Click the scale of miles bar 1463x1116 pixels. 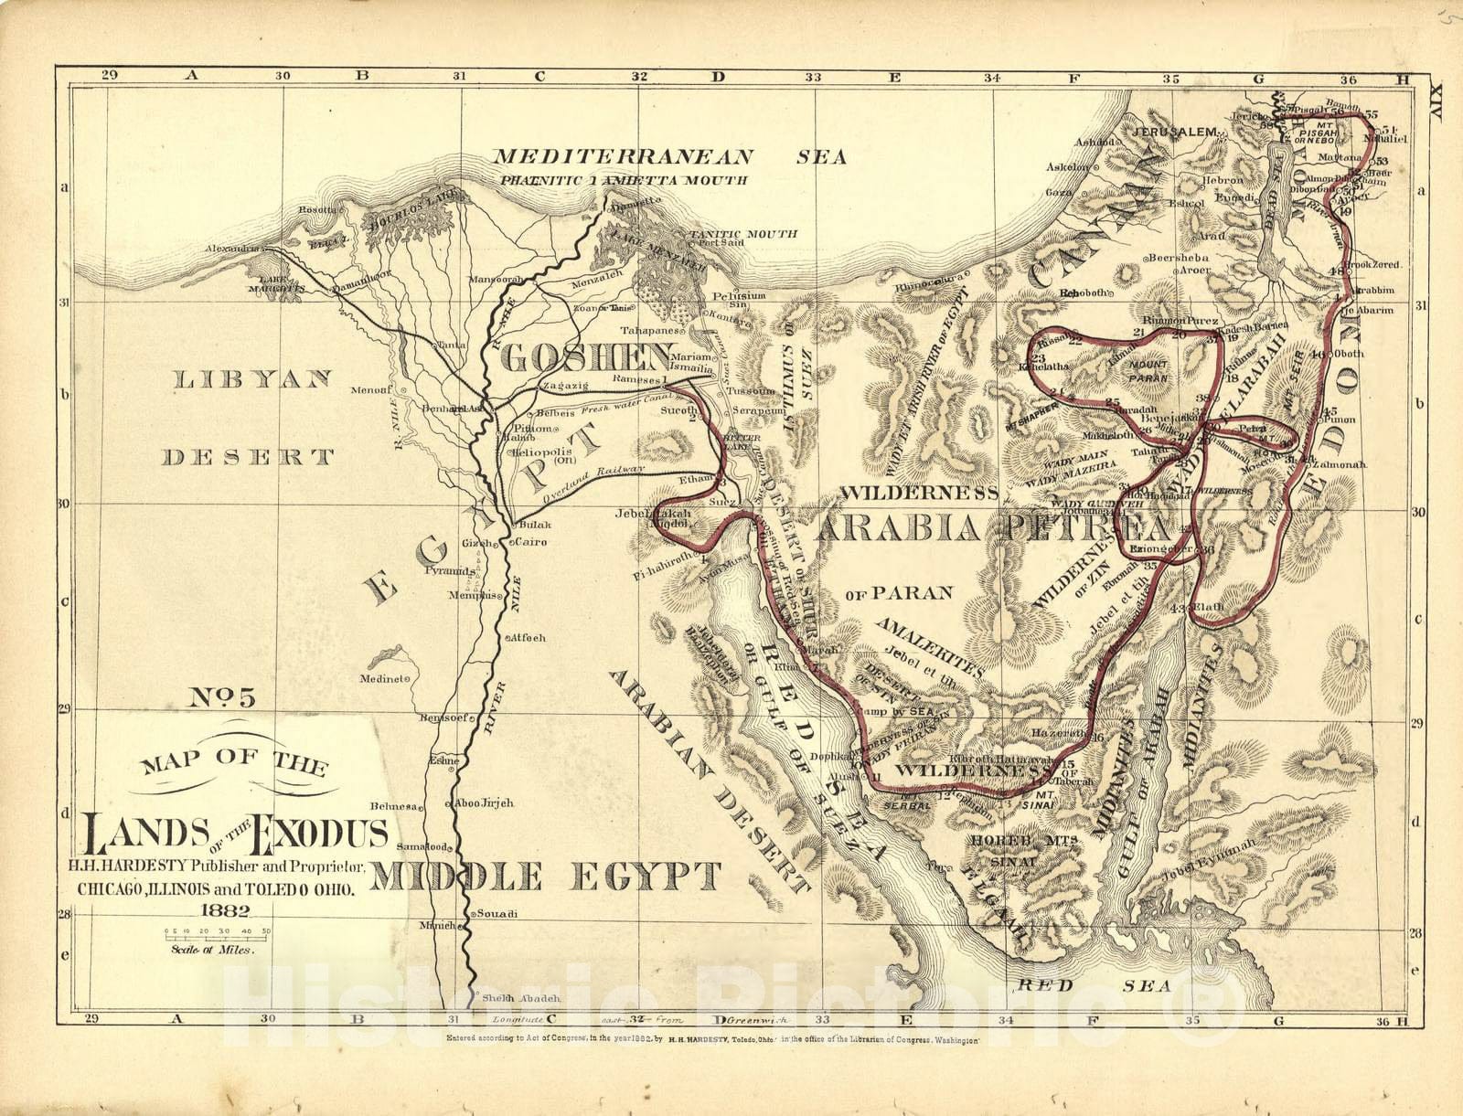(218, 935)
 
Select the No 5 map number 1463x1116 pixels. (222, 698)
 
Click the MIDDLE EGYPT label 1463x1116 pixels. (547, 877)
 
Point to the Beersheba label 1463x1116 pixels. (1179, 258)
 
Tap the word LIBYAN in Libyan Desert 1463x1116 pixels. (251, 380)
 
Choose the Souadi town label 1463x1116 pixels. (499, 914)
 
